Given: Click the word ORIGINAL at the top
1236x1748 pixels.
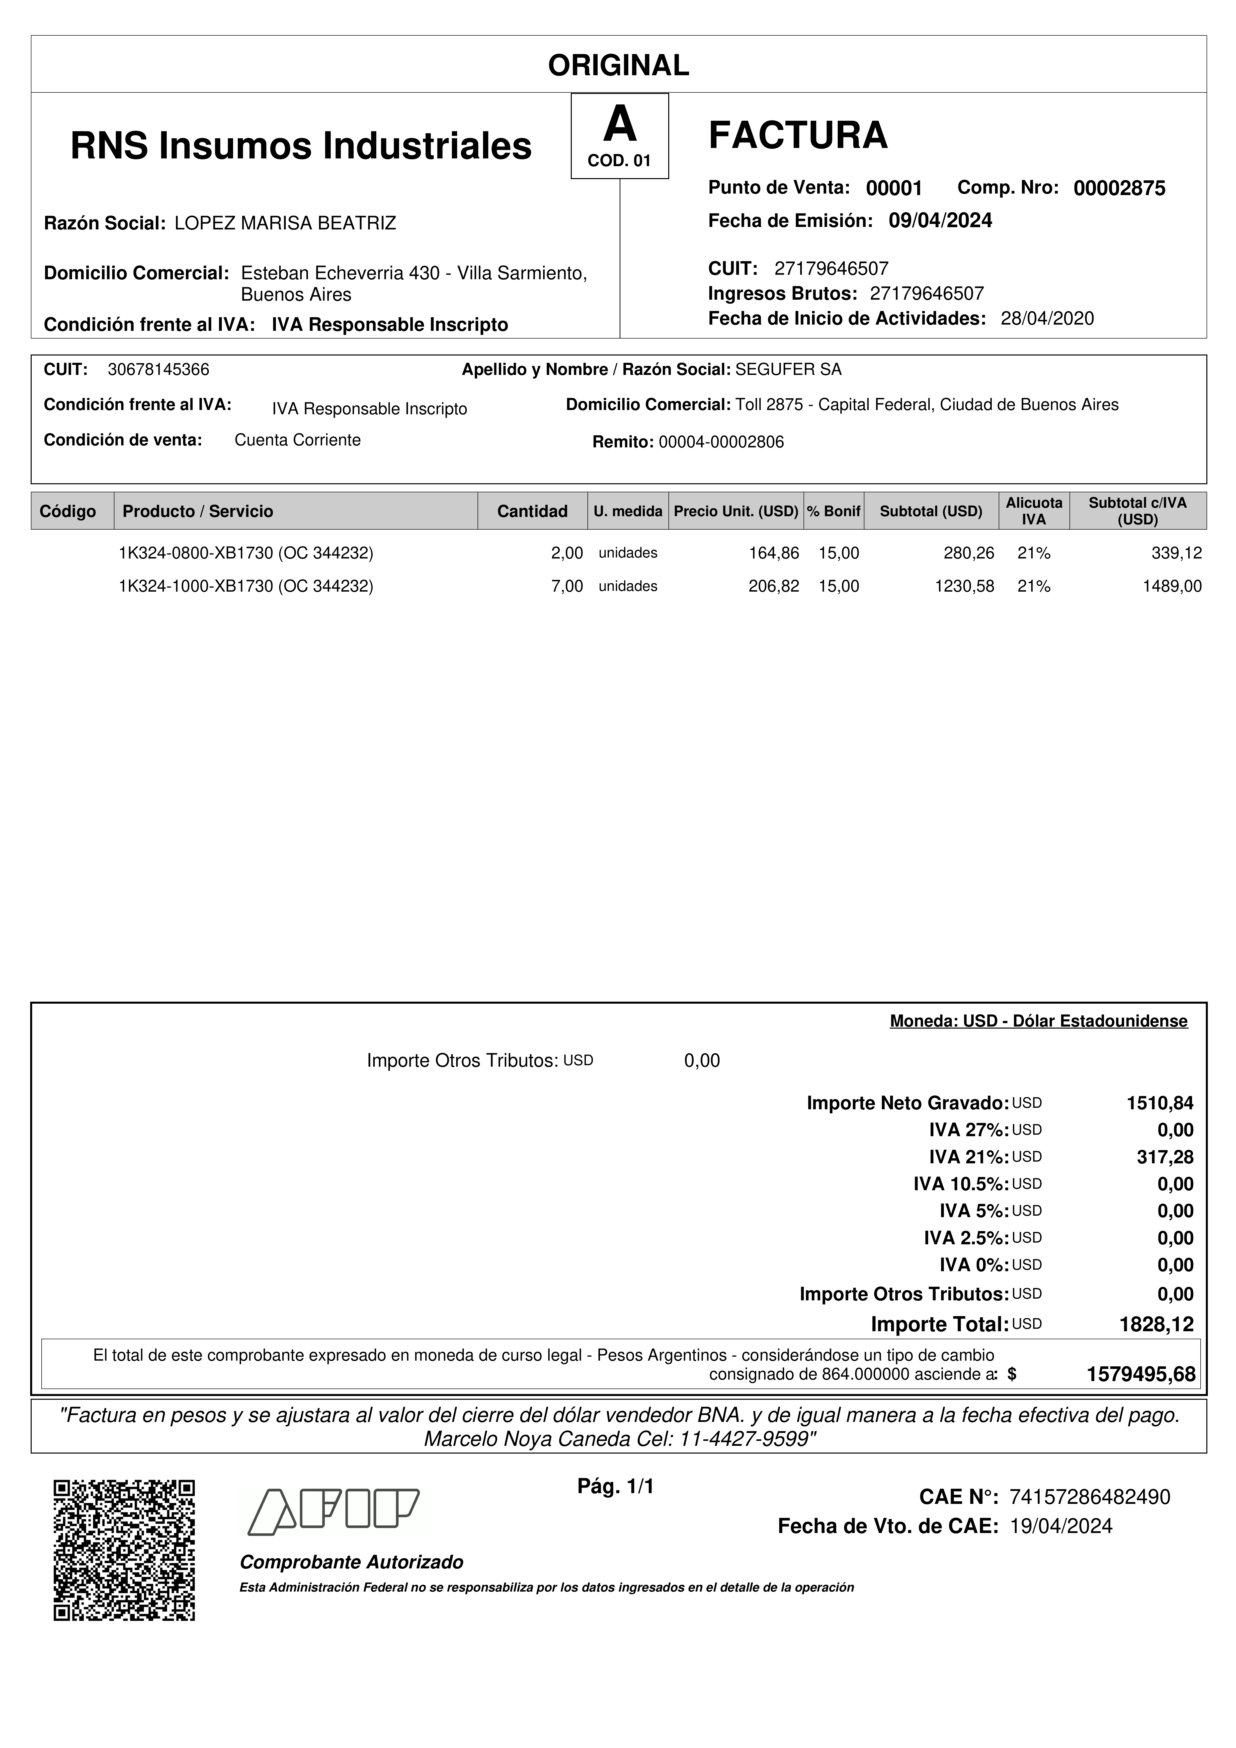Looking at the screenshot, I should (618, 66).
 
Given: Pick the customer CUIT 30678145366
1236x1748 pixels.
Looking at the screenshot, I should (159, 370).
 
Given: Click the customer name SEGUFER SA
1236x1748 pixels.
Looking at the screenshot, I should (788, 370).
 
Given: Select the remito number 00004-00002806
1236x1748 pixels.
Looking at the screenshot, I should (720, 442).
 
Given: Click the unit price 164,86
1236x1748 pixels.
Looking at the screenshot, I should (774, 554).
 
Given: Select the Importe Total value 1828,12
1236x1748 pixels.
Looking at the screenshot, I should (1156, 1325).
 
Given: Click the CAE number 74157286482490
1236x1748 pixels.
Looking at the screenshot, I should (1089, 1498).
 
